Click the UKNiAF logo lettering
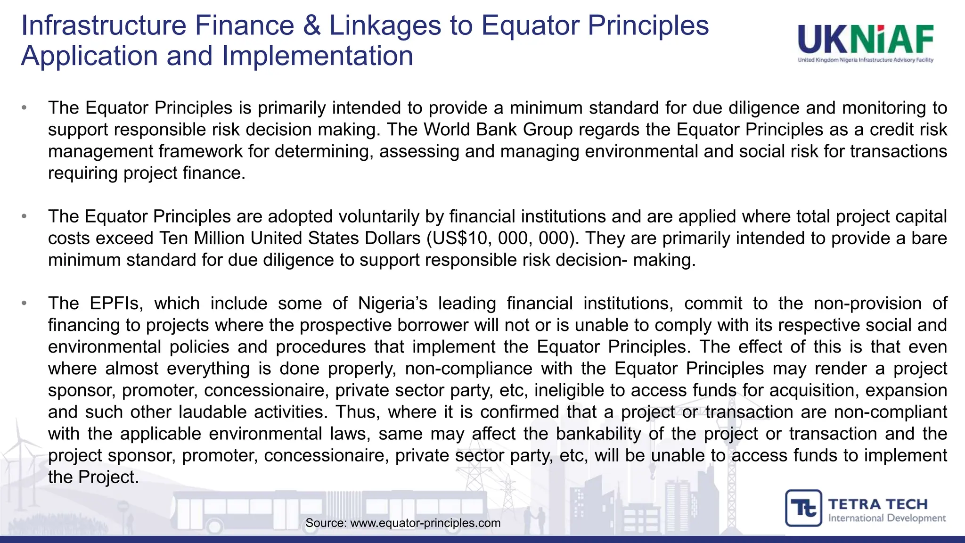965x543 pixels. click(866, 40)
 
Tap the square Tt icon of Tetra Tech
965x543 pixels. click(803, 508)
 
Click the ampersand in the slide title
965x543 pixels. click(312, 25)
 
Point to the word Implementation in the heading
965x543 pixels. click(317, 56)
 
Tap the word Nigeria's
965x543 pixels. click(393, 303)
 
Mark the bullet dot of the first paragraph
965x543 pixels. click(24, 108)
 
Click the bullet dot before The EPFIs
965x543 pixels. click(24, 303)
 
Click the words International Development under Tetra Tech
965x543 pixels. click(887, 518)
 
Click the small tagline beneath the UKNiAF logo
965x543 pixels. click(866, 60)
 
